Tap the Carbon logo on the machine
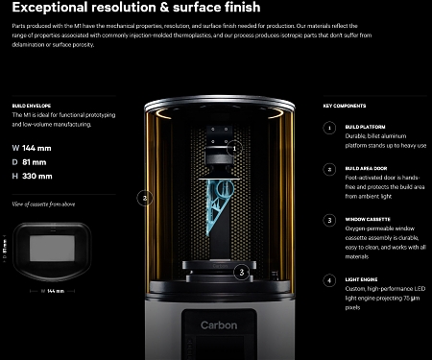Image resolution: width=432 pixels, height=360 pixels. pyautogui.click(x=219, y=324)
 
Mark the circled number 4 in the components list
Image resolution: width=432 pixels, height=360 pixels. pyautogui.click(x=329, y=281)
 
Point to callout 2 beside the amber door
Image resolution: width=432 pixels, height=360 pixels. pyautogui.click(x=144, y=199)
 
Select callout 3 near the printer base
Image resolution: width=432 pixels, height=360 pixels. pyautogui.click(x=241, y=272)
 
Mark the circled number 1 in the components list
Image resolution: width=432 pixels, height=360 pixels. pyautogui.click(x=329, y=127)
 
